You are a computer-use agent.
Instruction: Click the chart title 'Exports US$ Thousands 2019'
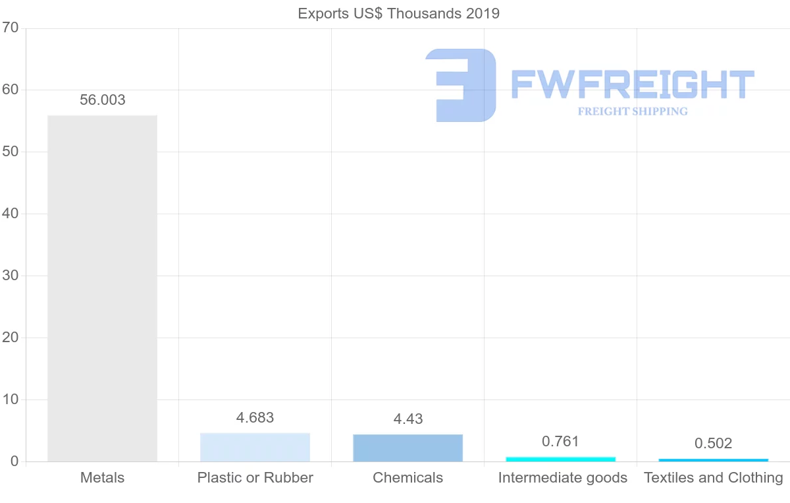[398, 13]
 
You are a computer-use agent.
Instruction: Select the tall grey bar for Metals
[102, 288]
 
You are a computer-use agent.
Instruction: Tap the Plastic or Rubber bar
[255, 447]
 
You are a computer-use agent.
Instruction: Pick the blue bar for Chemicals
[408, 448]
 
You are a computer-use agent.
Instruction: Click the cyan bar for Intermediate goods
[560, 459]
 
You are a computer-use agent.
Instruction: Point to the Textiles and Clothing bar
[713, 459]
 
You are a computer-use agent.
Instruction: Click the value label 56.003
[102, 100]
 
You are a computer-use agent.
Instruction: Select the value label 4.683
[255, 417]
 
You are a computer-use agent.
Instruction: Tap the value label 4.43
[408, 419]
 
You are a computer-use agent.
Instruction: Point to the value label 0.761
[560, 441]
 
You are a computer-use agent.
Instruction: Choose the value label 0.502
[713, 443]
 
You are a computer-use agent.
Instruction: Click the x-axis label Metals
[102, 477]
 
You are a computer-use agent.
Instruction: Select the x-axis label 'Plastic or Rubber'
[255, 477]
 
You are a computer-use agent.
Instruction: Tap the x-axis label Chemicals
[408, 477]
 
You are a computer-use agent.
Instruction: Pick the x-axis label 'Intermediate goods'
[562, 477]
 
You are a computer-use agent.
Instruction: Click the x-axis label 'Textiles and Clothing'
[713, 477]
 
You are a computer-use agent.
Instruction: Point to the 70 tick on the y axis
[10, 28]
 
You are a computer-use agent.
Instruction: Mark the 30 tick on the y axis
[10, 276]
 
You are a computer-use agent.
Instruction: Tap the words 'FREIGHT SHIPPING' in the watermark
[632, 111]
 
